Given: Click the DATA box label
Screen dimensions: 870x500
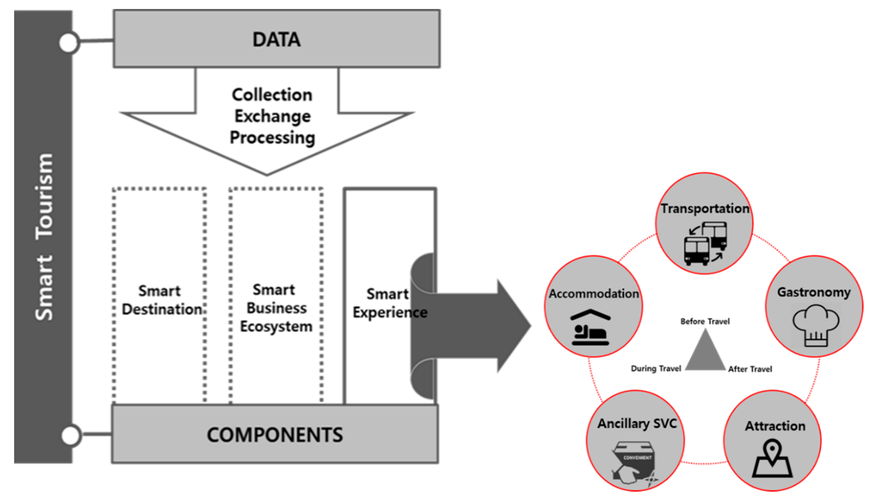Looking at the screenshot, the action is click(x=276, y=40).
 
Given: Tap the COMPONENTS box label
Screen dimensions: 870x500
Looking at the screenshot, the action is click(x=275, y=435).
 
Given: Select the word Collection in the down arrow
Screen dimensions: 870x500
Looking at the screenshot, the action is click(x=272, y=95).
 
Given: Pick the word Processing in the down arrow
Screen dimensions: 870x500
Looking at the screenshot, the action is click(x=272, y=138).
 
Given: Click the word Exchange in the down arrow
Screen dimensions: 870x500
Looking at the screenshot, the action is click(x=273, y=116).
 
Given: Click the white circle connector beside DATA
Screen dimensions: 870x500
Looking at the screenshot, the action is click(x=69, y=43).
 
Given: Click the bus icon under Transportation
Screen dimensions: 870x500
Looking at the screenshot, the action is click(x=705, y=244).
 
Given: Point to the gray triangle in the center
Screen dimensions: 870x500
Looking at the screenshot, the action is click(x=705, y=350).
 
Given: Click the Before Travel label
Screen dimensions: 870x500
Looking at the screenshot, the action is click(x=705, y=321).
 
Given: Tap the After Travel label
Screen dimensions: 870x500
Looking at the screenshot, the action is click(x=750, y=369).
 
